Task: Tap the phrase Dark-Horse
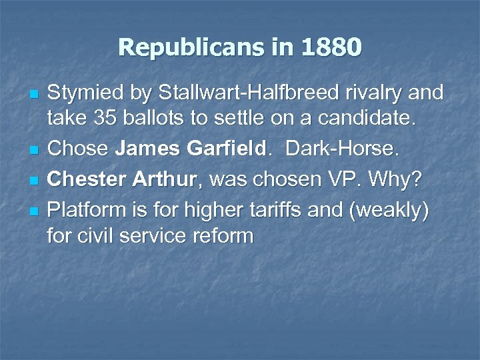click(x=343, y=149)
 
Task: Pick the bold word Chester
click(x=81, y=179)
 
